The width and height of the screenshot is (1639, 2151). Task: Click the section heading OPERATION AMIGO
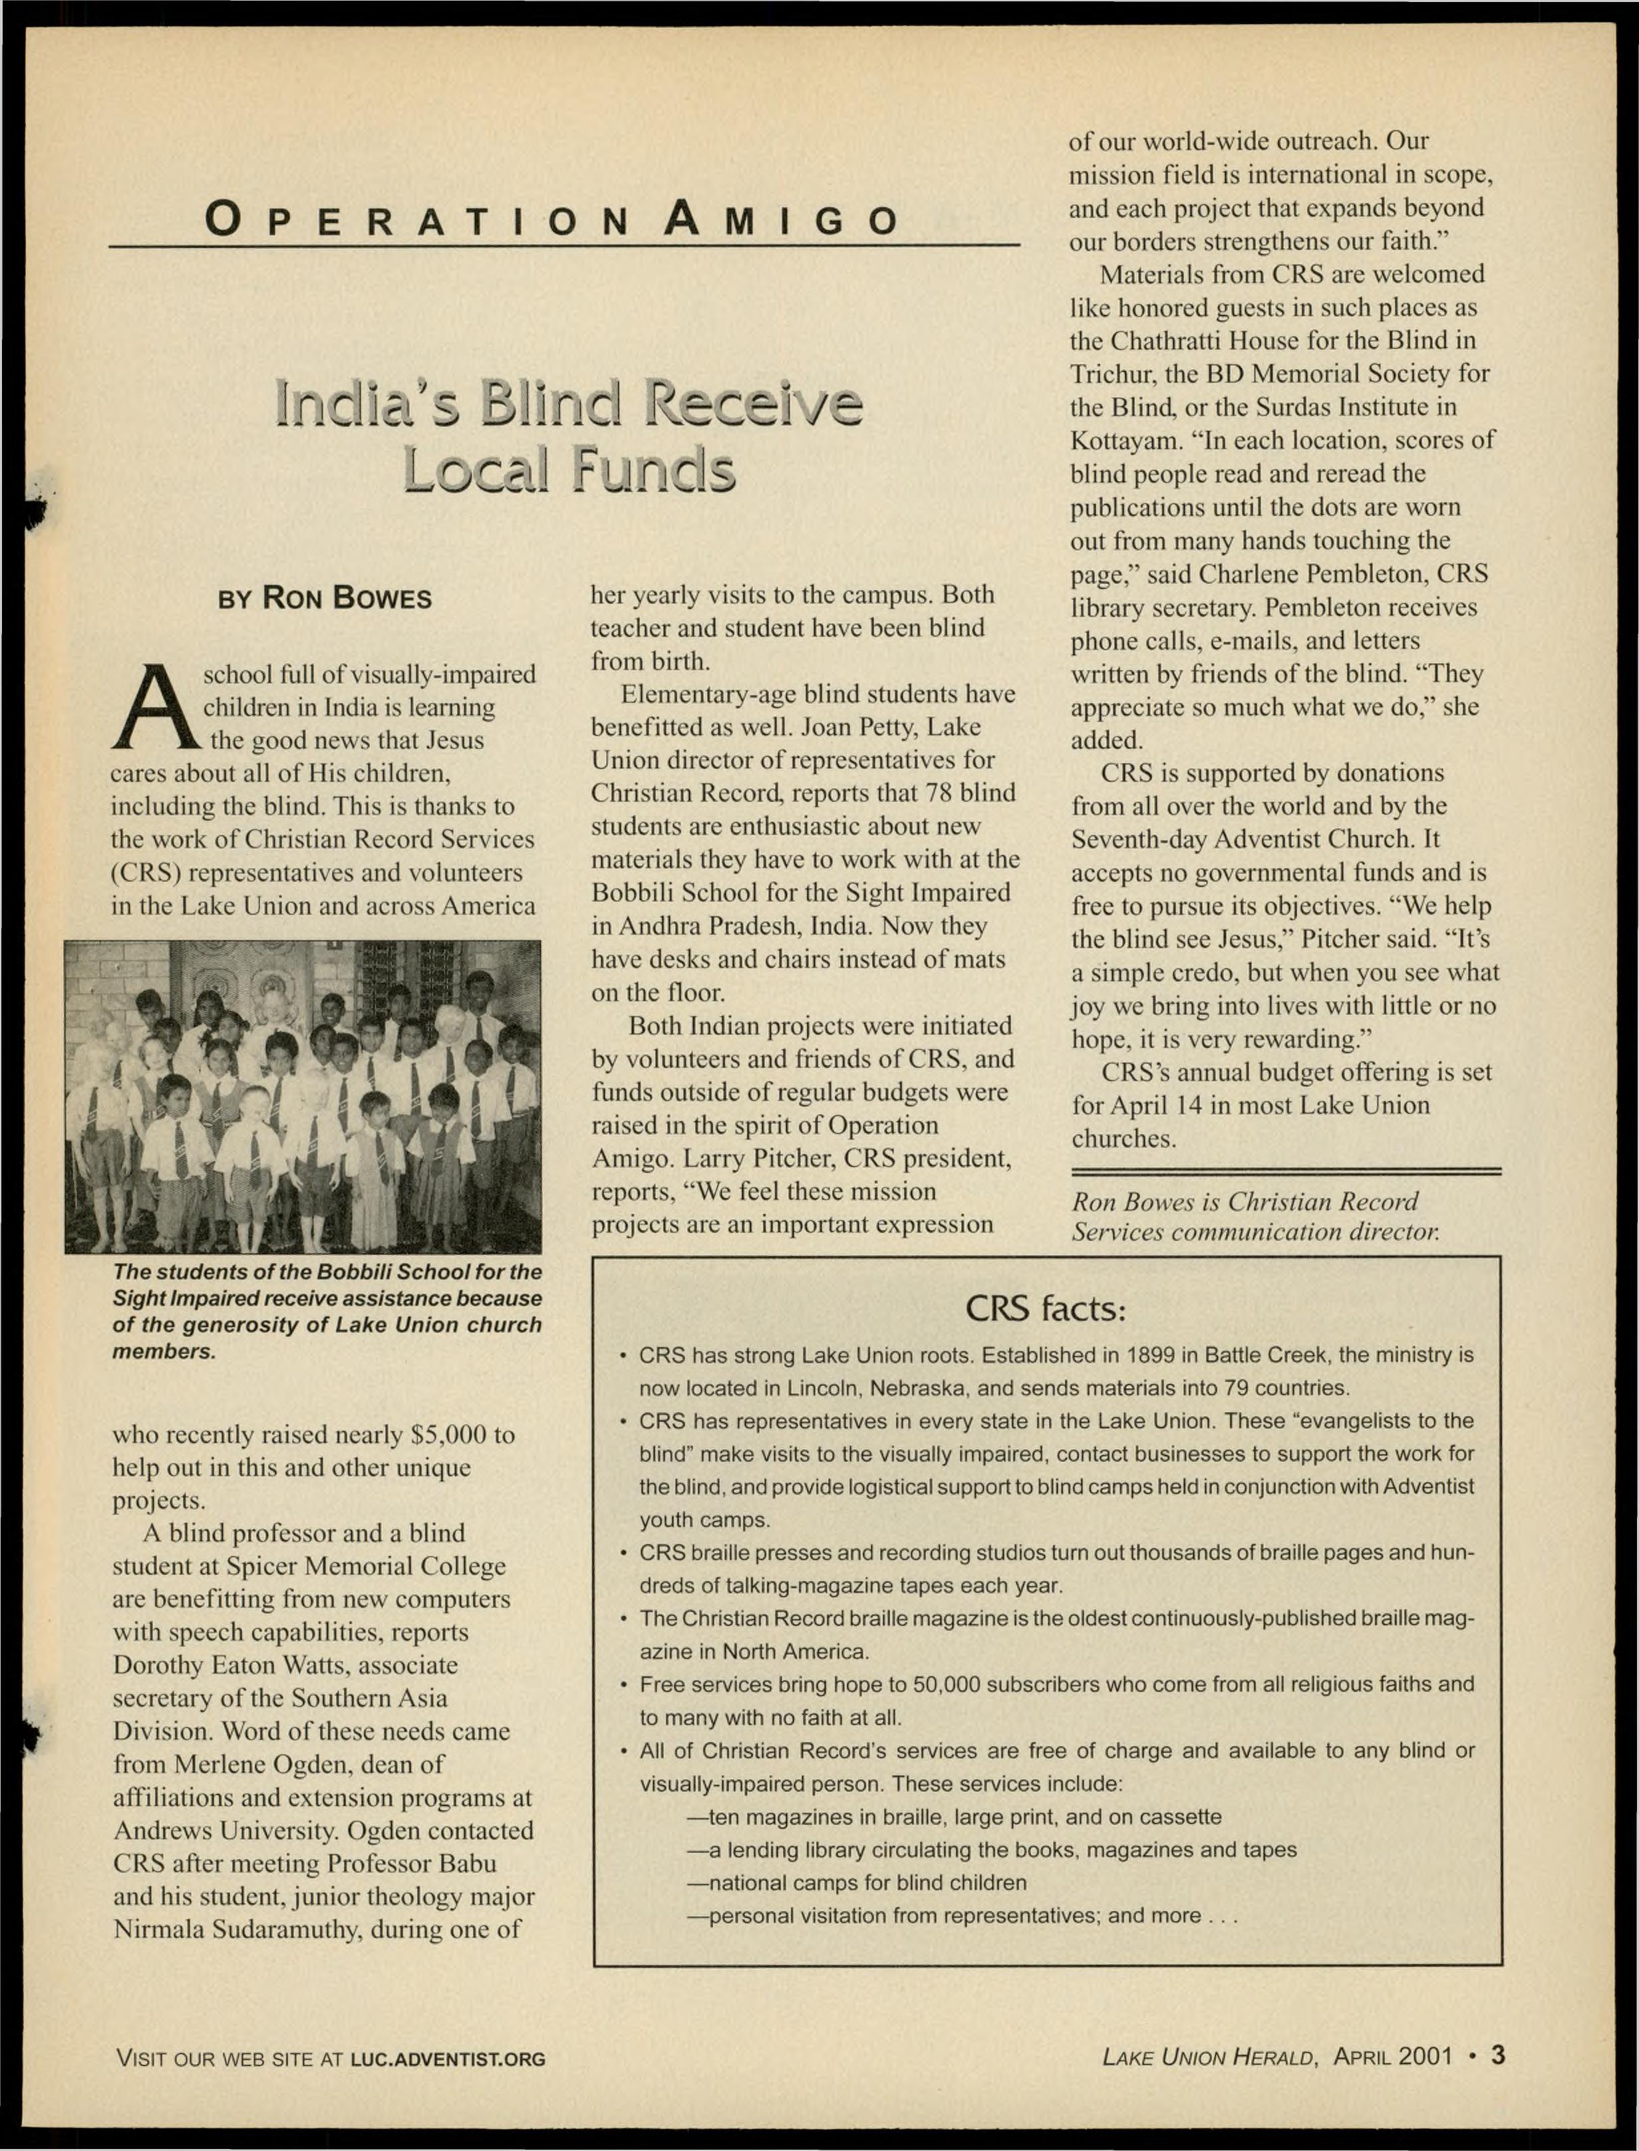pos(551,219)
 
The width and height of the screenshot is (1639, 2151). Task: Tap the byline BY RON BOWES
pos(324,597)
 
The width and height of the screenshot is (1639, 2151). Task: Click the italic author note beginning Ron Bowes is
pos(1255,1217)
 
